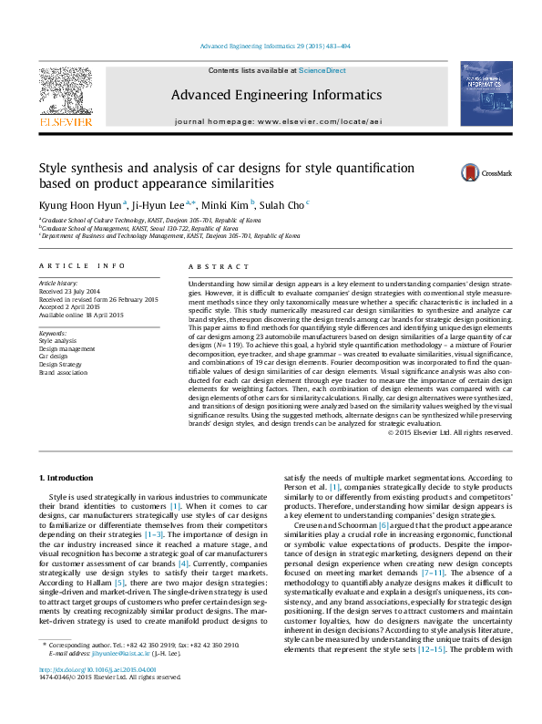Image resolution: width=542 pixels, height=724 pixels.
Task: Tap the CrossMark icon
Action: tap(472, 173)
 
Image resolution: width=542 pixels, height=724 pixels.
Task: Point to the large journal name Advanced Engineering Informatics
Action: tap(271, 95)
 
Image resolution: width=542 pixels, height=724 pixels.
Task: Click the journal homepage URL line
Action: tap(271, 120)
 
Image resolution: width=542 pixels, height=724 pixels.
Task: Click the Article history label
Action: tap(57, 284)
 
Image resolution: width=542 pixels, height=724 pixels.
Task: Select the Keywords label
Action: tap(53, 335)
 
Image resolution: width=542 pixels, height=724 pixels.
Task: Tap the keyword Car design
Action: tap(54, 357)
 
